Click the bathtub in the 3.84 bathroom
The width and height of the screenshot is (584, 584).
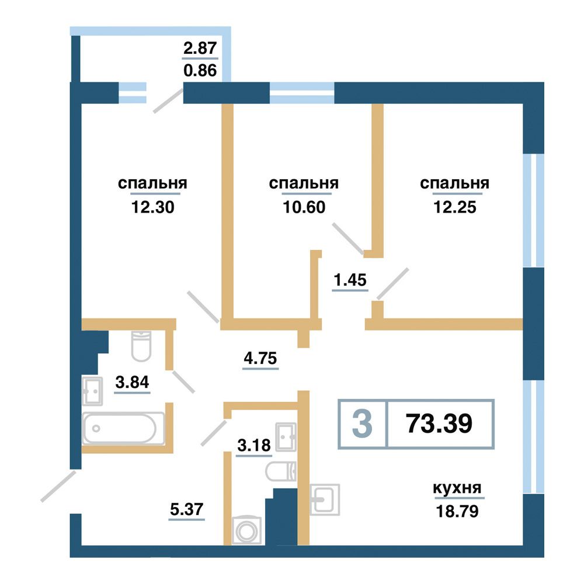click(x=123, y=428)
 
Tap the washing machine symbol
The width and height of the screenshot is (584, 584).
click(x=246, y=531)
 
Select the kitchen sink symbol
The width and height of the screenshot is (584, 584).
click(x=324, y=499)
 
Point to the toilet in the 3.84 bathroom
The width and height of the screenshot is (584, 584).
click(x=141, y=346)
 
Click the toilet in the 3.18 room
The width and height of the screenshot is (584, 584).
click(x=281, y=471)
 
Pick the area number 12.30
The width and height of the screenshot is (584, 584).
click(x=152, y=207)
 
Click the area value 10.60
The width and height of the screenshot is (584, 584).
click(x=304, y=207)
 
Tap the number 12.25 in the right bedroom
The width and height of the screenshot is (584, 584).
click(x=455, y=207)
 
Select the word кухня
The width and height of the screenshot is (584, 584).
click(x=457, y=488)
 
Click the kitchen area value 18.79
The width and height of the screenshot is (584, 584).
click(x=457, y=512)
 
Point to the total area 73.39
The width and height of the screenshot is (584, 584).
click(x=439, y=423)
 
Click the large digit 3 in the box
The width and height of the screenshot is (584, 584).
click(x=362, y=423)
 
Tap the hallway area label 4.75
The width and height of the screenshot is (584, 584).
click(x=260, y=359)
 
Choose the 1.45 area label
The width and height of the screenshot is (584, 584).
click(x=350, y=280)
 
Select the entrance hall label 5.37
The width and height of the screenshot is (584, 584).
click(x=187, y=509)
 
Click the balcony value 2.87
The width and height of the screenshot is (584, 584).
click(x=200, y=48)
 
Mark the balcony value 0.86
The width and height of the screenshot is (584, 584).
click(x=200, y=70)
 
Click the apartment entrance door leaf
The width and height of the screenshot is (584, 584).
click(x=58, y=486)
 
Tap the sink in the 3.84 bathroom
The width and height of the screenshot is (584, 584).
click(x=92, y=391)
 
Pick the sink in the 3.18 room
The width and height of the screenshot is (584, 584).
click(x=286, y=437)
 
